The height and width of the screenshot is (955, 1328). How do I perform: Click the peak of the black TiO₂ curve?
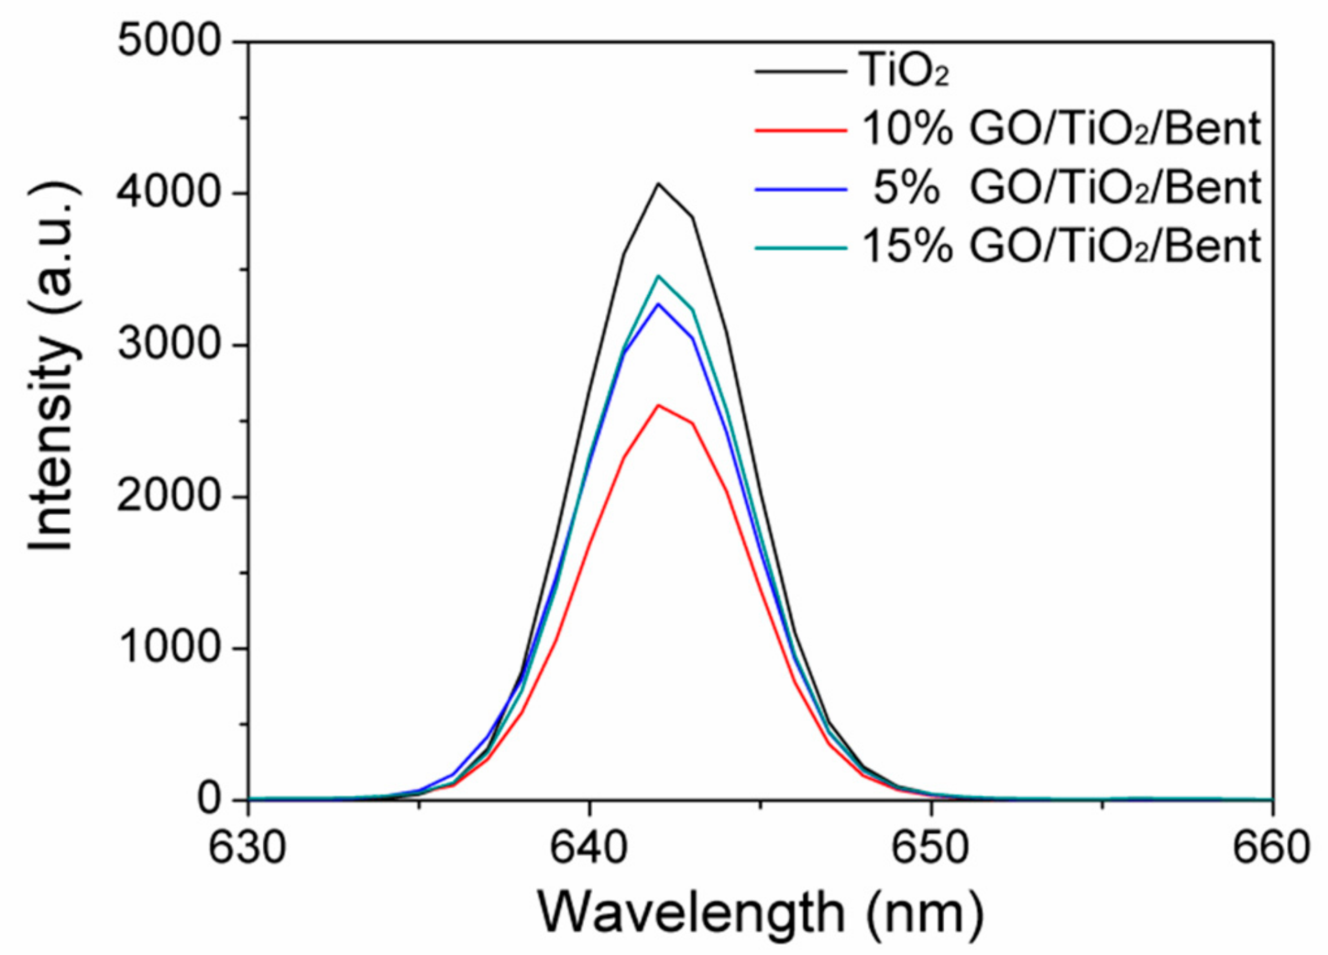click(x=658, y=183)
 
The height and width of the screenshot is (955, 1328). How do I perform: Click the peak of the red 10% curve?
click(x=658, y=405)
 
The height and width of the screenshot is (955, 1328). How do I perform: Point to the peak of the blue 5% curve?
click(x=658, y=304)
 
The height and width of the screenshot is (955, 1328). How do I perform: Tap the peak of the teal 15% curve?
click(x=658, y=276)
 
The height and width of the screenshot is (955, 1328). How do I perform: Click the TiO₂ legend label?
click(x=904, y=71)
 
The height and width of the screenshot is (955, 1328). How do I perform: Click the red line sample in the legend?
click(x=800, y=129)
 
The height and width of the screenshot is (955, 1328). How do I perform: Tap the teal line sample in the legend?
click(x=800, y=247)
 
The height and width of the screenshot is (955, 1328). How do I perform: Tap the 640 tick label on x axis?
click(x=589, y=848)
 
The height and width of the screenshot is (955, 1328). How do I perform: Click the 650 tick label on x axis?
click(x=930, y=848)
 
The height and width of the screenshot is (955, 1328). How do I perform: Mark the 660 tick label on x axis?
click(x=1271, y=848)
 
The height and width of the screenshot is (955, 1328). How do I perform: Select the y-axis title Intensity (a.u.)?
click(x=52, y=367)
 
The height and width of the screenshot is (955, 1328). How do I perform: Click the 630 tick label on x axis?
click(x=248, y=848)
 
